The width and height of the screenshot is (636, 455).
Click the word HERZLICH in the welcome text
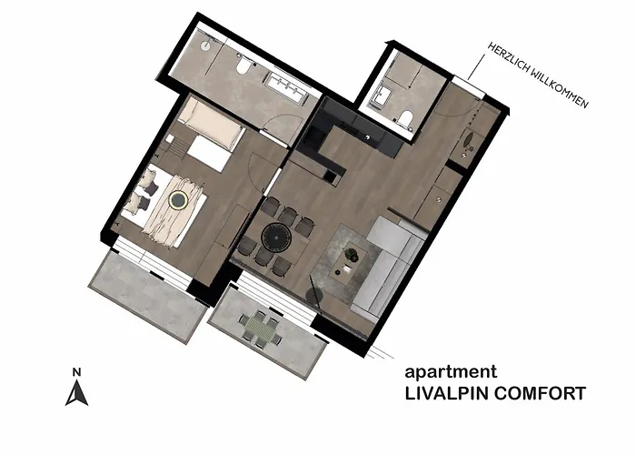click(x=506, y=57)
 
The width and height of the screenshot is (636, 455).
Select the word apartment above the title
click(x=450, y=371)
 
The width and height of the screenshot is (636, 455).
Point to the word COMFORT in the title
click(x=540, y=394)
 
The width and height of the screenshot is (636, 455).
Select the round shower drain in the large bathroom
click(x=206, y=42)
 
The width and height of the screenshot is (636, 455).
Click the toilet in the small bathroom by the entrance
click(x=405, y=117)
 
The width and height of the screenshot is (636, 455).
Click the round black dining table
click(x=275, y=238)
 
